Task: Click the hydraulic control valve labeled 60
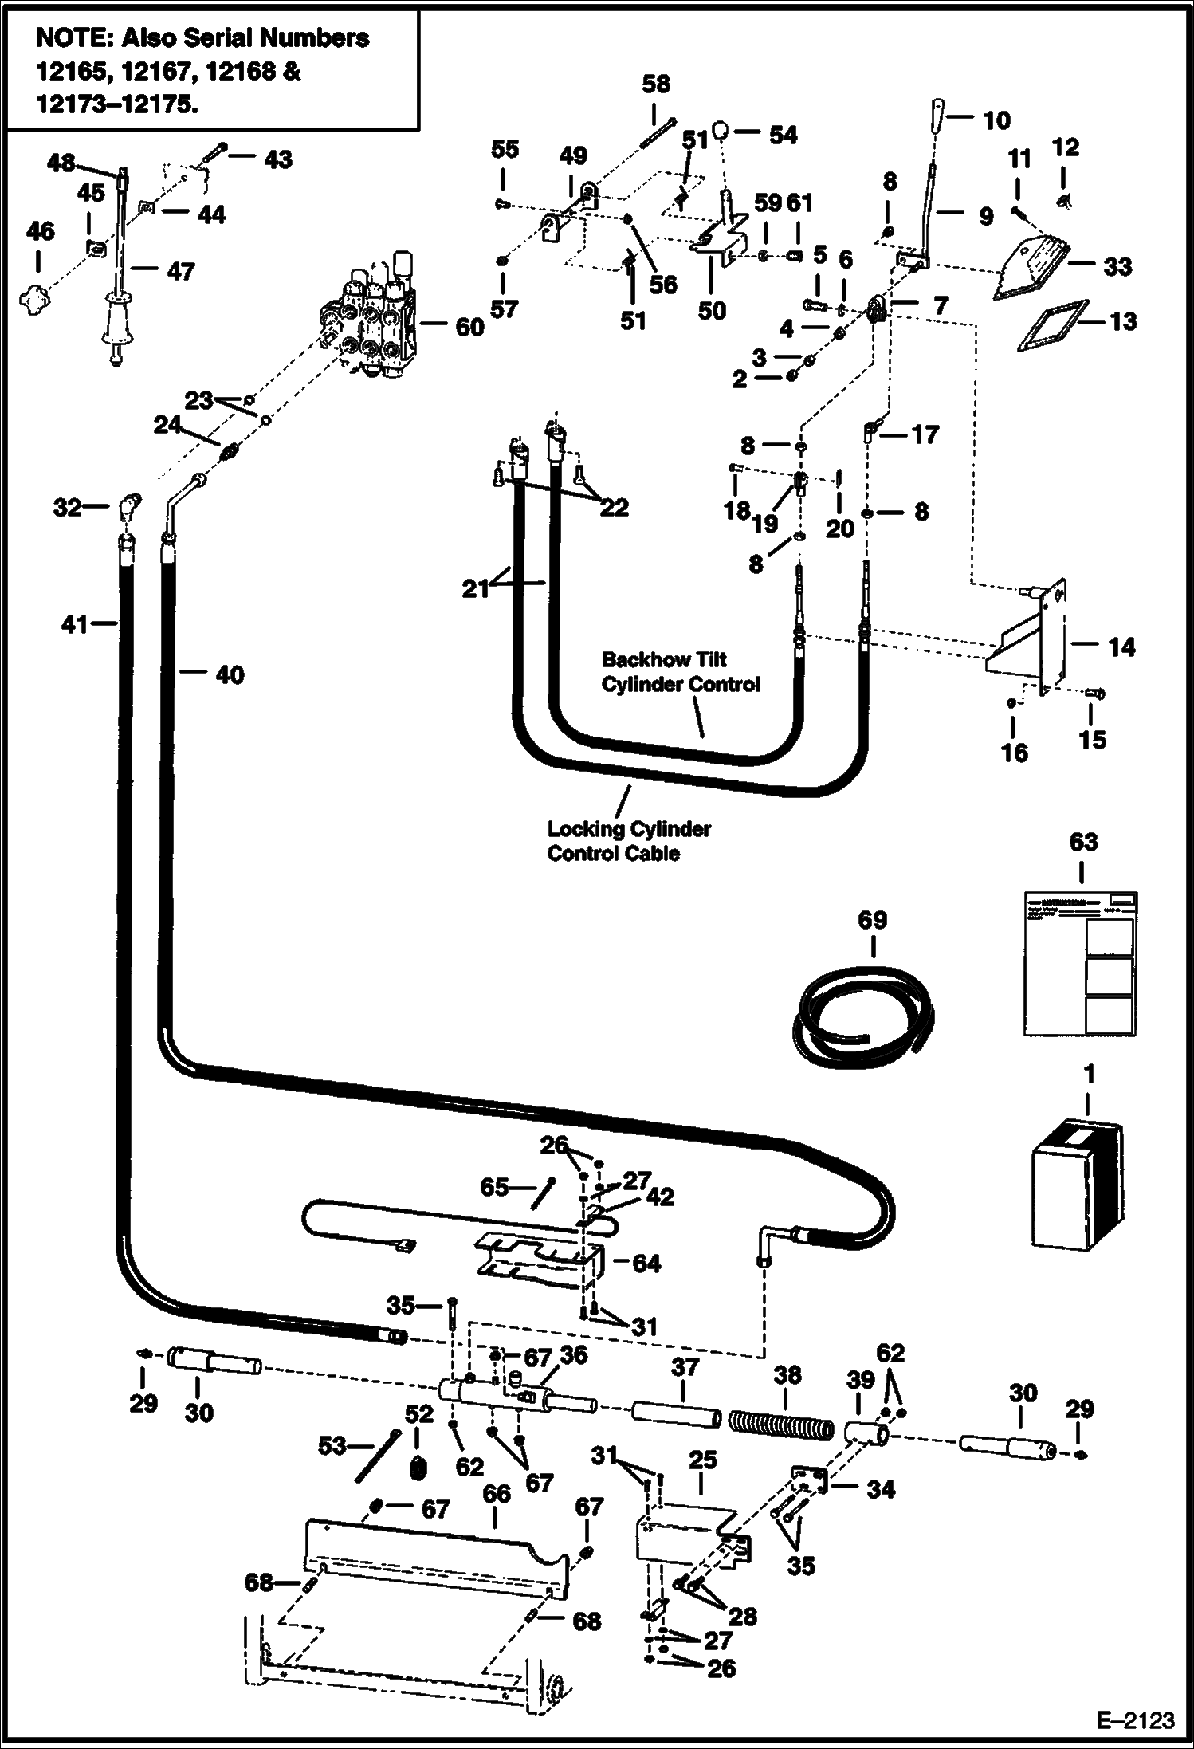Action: pyautogui.click(x=371, y=319)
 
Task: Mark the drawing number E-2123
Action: pyautogui.click(x=1135, y=1720)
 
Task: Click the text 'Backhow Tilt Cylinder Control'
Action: pyautogui.click(x=681, y=671)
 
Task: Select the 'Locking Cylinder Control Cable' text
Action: pyautogui.click(x=628, y=841)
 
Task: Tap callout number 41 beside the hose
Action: pyautogui.click(x=74, y=624)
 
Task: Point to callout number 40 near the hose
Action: pyautogui.click(x=230, y=674)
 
